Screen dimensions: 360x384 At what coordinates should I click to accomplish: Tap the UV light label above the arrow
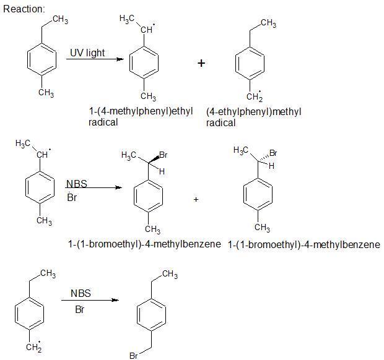click(x=87, y=53)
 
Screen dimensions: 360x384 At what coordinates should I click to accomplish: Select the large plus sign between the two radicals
click(x=201, y=63)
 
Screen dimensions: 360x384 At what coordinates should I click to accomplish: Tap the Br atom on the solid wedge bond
click(x=164, y=155)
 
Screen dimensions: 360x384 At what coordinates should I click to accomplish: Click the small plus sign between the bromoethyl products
click(x=196, y=199)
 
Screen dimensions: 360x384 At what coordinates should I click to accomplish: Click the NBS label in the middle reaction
click(x=76, y=184)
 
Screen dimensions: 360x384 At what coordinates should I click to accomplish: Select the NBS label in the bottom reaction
click(x=81, y=294)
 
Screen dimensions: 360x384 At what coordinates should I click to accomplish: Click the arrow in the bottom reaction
click(x=90, y=301)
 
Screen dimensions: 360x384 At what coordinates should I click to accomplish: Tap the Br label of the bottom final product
click(x=133, y=356)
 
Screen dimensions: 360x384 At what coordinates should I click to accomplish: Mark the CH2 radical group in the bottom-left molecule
click(x=33, y=347)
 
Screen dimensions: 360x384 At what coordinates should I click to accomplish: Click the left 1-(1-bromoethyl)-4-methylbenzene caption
click(x=144, y=244)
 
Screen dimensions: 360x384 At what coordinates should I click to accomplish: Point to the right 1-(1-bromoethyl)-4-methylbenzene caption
click(x=303, y=245)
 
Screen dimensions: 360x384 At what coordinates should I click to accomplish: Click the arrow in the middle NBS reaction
click(x=93, y=186)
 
